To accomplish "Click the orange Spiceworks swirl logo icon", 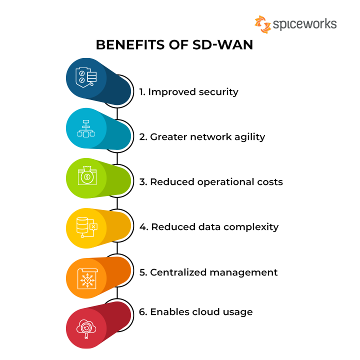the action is click(x=263, y=24).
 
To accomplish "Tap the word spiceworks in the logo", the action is click(x=305, y=24).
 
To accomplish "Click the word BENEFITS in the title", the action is click(x=130, y=44).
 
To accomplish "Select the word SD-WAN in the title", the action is click(x=222, y=44).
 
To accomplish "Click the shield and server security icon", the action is click(x=86, y=77).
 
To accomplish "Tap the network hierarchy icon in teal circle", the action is click(x=86, y=128).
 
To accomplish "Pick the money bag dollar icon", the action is click(x=87, y=175).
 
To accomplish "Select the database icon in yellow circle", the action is click(x=87, y=227).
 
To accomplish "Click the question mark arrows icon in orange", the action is click(x=87, y=278).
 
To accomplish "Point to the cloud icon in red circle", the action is click(x=86, y=329).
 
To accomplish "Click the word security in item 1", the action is click(x=218, y=92).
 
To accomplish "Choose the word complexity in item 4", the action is click(x=251, y=227).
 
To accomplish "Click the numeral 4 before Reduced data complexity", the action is click(x=143, y=227).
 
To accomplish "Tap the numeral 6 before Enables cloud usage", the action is click(x=142, y=312).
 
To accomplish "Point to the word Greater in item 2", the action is click(x=168, y=137).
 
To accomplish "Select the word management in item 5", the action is click(x=243, y=273).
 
